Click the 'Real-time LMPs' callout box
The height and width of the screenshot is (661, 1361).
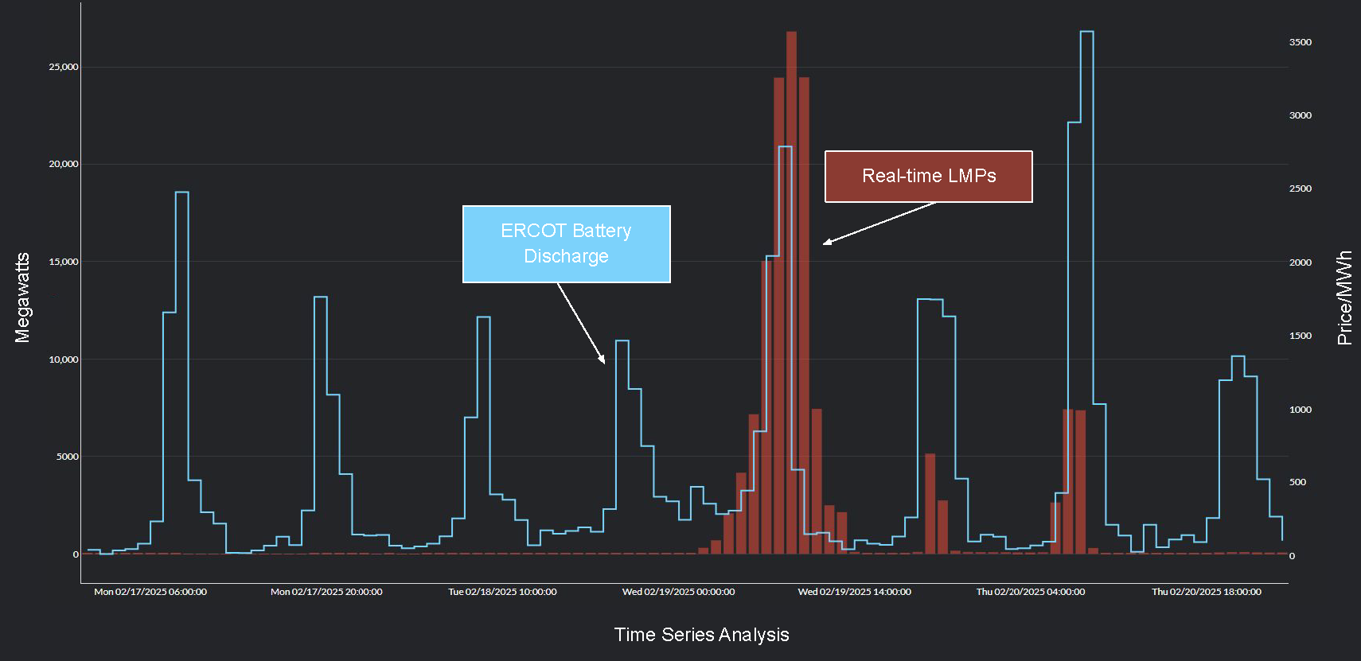(x=928, y=177)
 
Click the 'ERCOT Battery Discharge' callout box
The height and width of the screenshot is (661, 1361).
(x=566, y=244)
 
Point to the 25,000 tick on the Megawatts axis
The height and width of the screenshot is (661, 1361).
(x=64, y=67)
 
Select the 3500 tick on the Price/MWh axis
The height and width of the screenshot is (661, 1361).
(x=1300, y=42)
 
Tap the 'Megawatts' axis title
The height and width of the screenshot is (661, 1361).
(x=22, y=297)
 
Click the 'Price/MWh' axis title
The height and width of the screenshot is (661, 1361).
(x=1344, y=297)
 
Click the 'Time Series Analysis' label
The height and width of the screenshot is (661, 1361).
(x=701, y=635)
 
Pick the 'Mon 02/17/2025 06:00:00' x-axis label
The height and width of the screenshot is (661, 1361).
(x=150, y=592)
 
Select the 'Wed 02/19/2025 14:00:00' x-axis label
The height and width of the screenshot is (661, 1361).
(x=854, y=592)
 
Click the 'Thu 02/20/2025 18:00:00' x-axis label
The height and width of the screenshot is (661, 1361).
(x=1206, y=592)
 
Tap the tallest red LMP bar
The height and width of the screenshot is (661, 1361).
(x=791, y=294)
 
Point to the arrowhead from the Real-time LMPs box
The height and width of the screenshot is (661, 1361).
(x=826, y=242)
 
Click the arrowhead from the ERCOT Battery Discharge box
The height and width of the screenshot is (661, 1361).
(x=603, y=360)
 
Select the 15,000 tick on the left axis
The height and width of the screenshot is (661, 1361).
(x=64, y=262)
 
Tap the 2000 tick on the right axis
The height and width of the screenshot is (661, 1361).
(x=1300, y=262)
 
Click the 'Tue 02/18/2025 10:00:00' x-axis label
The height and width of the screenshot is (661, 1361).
(x=502, y=592)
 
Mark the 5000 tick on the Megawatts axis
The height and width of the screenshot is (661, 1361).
(x=67, y=457)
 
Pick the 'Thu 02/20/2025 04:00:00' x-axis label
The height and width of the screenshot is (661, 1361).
(x=1030, y=592)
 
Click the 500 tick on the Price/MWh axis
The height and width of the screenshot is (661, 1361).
(x=1297, y=482)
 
